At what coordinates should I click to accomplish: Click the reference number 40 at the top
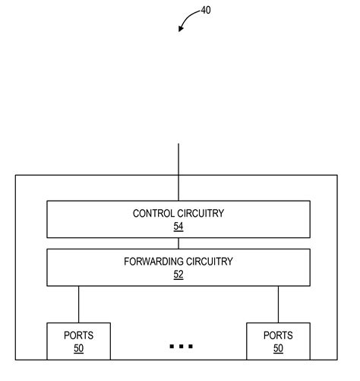[207, 11]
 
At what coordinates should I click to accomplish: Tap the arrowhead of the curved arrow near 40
[180, 30]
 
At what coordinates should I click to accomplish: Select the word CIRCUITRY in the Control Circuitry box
[201, 214]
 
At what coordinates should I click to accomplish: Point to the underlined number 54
[178, 227]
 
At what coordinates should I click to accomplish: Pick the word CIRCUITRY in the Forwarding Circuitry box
[205, 262]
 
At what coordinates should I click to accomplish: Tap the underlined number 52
[178, 275]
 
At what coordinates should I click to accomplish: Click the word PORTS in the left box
[78, 335]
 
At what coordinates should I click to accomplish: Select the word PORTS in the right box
[278, 335]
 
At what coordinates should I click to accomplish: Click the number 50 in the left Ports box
[78, 348]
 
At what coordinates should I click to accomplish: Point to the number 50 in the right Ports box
[278, 348]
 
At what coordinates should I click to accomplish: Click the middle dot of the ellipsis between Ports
[182, 346]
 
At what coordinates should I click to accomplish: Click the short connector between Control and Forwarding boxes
[178, 243]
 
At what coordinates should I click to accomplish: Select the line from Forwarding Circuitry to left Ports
[78, 304]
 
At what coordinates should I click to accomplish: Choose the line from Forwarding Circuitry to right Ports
[278, 304]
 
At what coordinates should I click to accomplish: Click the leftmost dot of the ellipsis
[172, 346]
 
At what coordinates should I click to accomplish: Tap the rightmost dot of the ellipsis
[191, 346]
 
